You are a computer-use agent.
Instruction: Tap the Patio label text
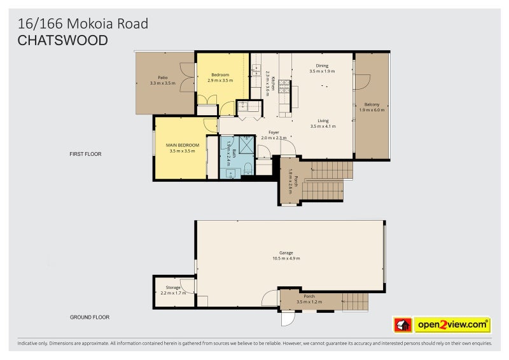tap(162, 78)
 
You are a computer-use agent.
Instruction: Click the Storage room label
tap(173, 287)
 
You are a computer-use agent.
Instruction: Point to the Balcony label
tap(372, 104)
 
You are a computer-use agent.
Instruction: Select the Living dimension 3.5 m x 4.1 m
tap(323, 126)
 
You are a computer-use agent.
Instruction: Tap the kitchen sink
tap(258, 70)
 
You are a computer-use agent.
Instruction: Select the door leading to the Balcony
tap(361, 83)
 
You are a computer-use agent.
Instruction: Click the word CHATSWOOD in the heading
tap(62, 40)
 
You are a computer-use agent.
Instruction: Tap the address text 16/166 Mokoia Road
tap(83, 24)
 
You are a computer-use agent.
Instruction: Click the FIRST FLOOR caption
tap(86, 154)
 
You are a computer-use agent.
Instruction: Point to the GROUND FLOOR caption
tap(90, 317)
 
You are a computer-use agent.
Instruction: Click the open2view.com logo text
tap(452, 325)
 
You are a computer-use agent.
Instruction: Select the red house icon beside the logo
tap(403, 325)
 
